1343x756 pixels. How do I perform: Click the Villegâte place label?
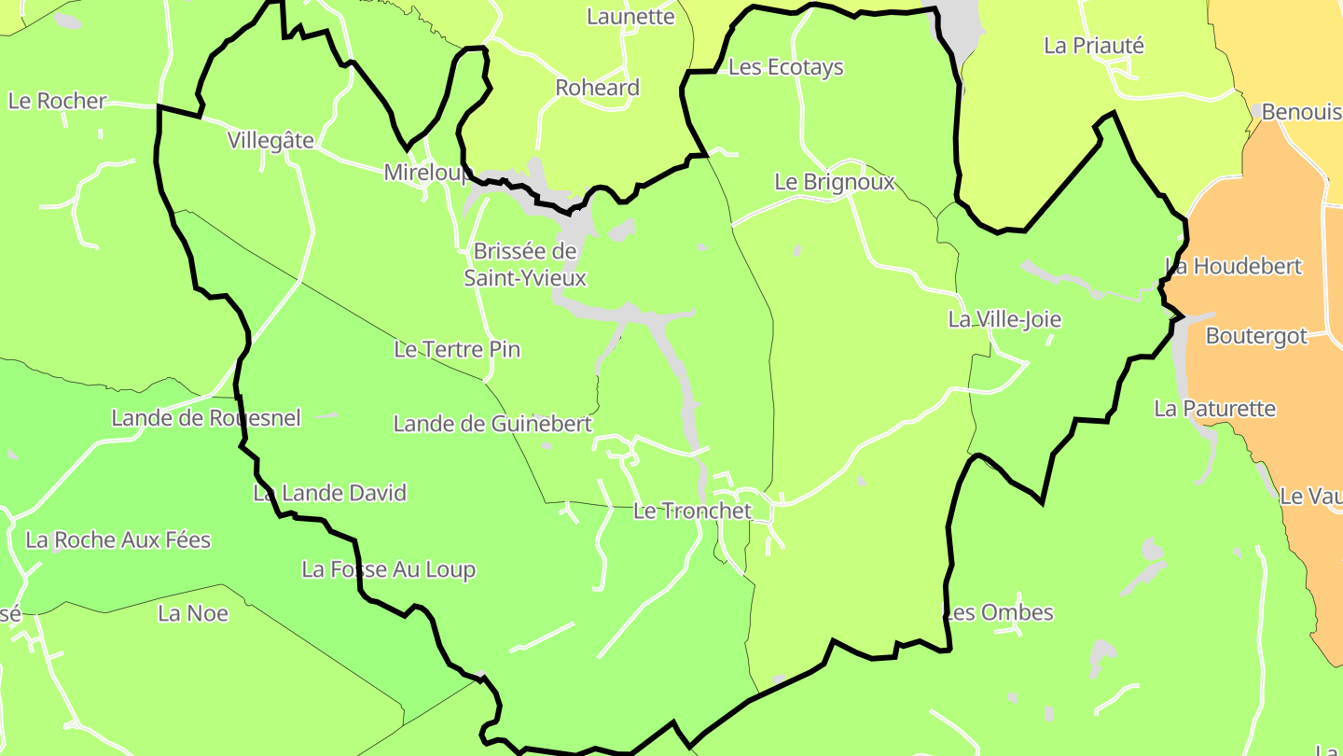[x=270, y=140]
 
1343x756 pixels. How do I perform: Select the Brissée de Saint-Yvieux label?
[x=525, y=264]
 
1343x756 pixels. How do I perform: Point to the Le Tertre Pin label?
[x=457, y=349]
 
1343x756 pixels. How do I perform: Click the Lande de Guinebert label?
[x=492, y=424]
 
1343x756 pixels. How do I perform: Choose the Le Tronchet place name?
[x=692, y=511]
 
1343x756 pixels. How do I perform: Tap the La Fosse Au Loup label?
[x=388, y=569]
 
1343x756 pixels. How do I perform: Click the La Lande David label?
[x=330, y=493]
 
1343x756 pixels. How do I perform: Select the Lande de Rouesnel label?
[x=206, y=418]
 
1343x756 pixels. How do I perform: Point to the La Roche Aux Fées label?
[x=118, y=539]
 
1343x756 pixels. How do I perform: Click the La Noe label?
[x=193, y=613]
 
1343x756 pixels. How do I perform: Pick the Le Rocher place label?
[x=58, y=101]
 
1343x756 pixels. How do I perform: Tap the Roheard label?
[x=598, y=88]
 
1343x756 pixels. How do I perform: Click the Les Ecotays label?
[x=785, y=67]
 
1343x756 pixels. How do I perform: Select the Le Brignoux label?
[x=835, y=182]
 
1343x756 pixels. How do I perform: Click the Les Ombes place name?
[x=999, y=612]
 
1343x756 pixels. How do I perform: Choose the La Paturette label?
[x=1214, y=409]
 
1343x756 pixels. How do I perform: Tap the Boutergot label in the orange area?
[x=1256, y=336]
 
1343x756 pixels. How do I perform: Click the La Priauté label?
[x=1093, y=46]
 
